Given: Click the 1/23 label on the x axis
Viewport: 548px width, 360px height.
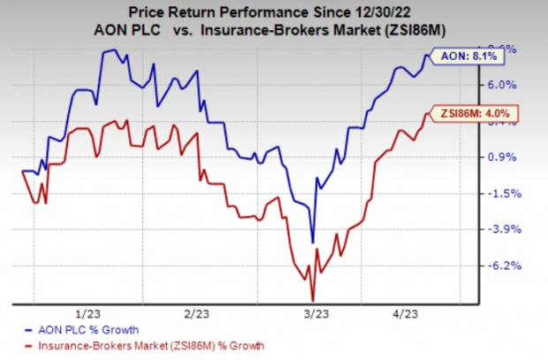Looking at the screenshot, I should [x=87, y=313].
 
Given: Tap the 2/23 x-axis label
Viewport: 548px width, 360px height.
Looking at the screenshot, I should [x=195, y=313].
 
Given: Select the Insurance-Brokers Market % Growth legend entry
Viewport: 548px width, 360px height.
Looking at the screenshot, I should [x=147, y=344].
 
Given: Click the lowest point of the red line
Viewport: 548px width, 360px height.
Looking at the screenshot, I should [x=312, y=300].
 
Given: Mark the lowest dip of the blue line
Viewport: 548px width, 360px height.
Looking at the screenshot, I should [x=313, y=241].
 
